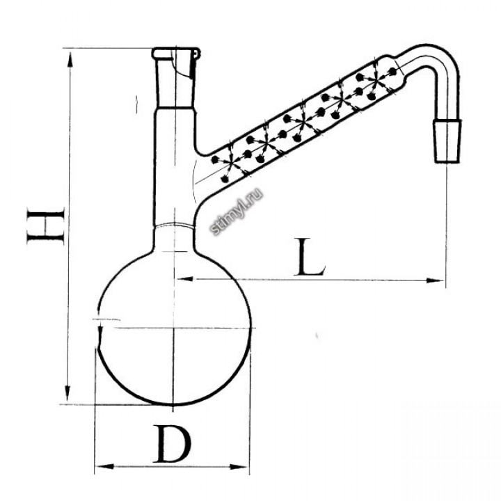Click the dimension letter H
click(47, 226)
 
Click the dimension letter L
click(309, 257)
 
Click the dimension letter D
click(173, 444)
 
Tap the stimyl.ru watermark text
click(237, 212)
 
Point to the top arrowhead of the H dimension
click(70, 60)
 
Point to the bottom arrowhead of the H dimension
click(67, 393)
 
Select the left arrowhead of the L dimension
click(184, 279)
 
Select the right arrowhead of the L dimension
click(436, 280)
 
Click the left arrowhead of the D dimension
click(104, 467)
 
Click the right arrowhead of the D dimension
click(239, 467)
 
